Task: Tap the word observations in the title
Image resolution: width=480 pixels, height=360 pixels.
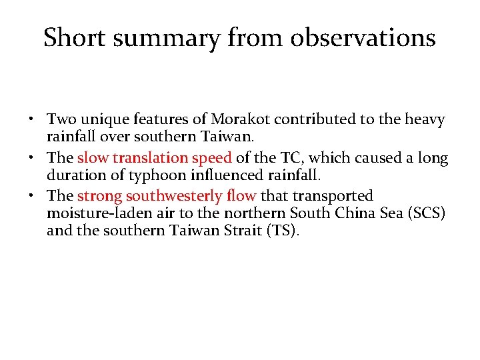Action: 363,38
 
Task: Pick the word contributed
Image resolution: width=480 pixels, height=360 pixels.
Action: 311,120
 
